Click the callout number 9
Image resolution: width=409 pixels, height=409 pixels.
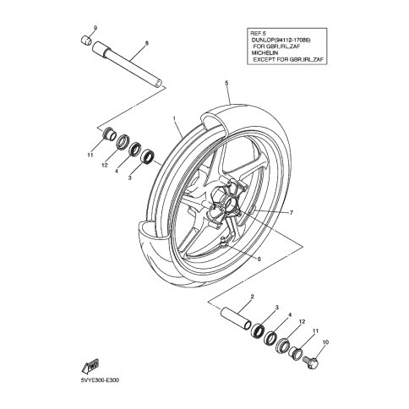pos(95,28)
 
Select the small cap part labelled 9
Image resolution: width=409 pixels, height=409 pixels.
pos(86,40)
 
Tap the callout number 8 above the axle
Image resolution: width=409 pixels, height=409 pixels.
pos(146,43)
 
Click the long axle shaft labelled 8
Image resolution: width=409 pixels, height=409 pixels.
pos(128,64)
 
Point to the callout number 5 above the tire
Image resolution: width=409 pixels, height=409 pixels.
pos(226,83)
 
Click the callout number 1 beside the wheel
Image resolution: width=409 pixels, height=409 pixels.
pos(175,117)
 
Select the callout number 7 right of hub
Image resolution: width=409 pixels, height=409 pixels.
pos(292,212)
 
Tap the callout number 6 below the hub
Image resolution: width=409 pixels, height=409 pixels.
pos(259,259)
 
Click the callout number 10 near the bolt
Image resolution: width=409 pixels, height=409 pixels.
pos(325,342)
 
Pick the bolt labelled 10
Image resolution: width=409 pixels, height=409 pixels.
pos(311,363)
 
